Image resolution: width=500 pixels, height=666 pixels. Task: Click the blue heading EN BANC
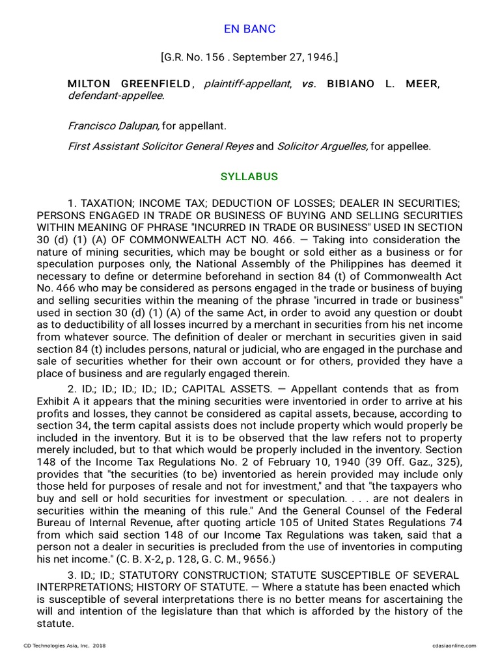pyautogui.click(x=249, y=29)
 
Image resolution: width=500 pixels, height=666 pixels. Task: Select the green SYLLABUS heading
pyautogui.click(x=249, y=177)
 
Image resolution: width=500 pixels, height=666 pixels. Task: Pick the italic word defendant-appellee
pyautogui.click(x=116, y=96)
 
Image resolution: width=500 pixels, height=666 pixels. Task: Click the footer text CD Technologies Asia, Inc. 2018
pyautogui.click(x=64, y=646)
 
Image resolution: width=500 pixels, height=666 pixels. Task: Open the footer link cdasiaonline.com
pyautogui.click(x=454, y=646)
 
